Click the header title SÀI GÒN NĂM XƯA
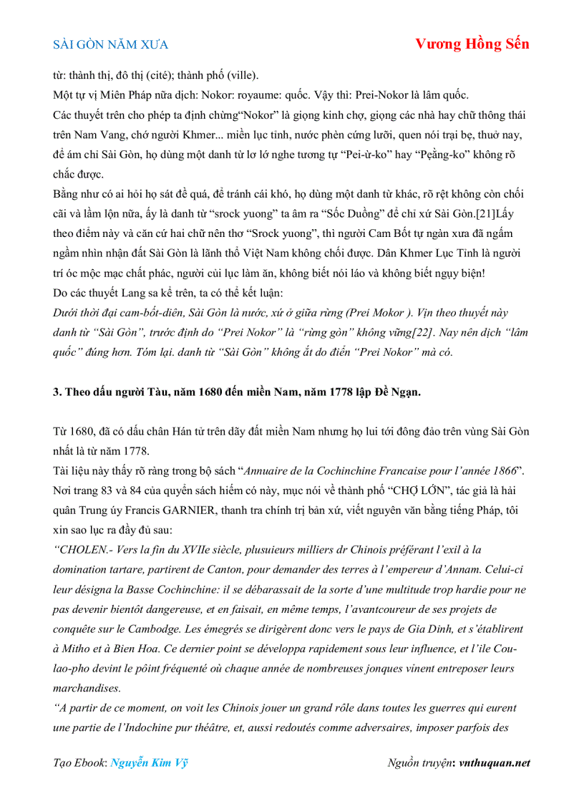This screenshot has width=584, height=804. (x=111, y=44)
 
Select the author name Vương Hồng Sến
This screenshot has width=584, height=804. (x=472, y=44)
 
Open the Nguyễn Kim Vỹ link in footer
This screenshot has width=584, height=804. (x=149, y=762)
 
